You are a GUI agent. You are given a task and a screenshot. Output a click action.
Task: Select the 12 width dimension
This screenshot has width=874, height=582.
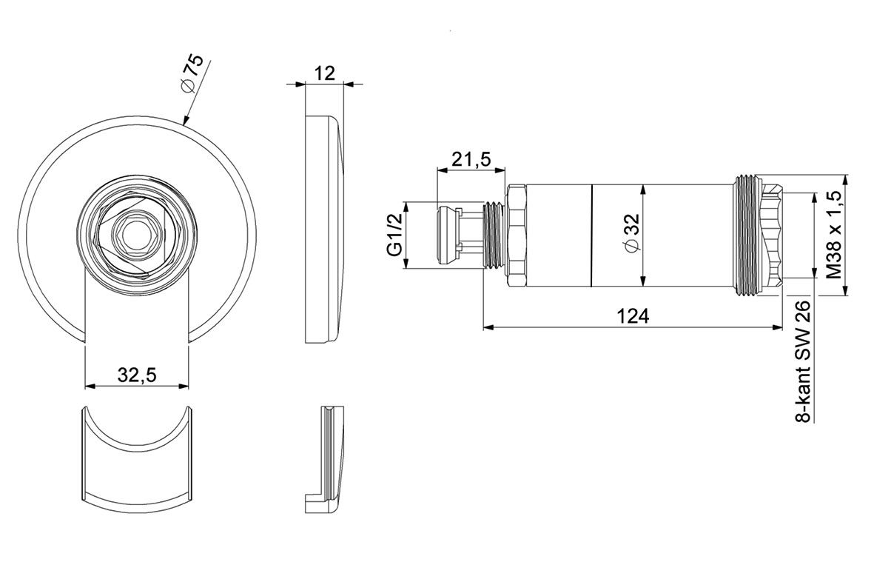pos(324,73)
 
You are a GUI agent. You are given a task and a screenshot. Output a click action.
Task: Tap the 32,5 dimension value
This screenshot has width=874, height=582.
pos(137,375)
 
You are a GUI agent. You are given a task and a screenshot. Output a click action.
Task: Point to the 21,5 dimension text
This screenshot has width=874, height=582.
pos(471,158)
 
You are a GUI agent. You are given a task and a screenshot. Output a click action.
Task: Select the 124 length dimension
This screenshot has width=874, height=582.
pos(633,316)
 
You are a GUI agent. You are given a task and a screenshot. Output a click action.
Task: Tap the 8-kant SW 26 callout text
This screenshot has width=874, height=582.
pos(802,362)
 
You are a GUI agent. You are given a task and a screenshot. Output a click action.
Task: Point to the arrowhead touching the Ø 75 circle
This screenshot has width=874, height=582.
pos(185,121)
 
